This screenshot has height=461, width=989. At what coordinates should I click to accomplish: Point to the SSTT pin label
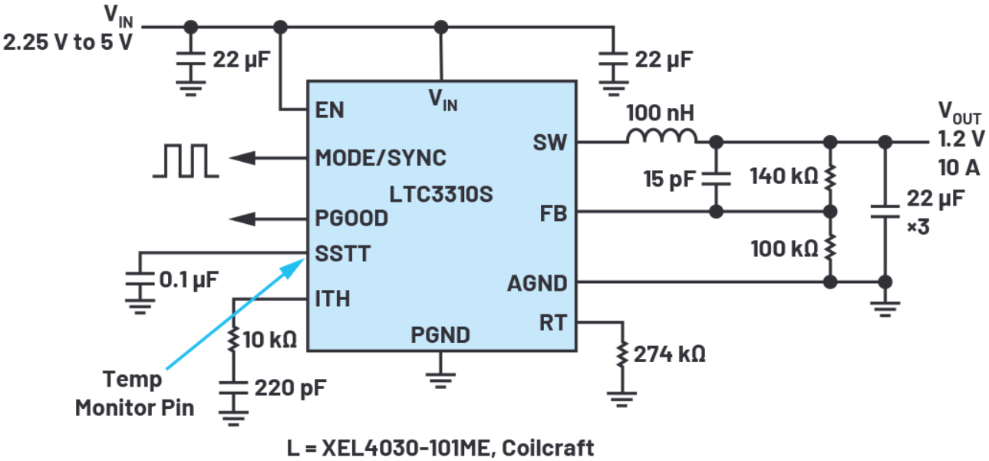pos(341,253)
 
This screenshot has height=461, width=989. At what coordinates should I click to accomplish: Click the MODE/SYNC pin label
pos(381,158)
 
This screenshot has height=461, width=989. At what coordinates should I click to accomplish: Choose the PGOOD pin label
pos(351,218)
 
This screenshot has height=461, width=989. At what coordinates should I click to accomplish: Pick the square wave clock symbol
pos(185,160)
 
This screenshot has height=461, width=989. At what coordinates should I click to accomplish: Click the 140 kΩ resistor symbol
pos(829,176)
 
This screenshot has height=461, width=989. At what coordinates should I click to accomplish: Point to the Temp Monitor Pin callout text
pos(134,393)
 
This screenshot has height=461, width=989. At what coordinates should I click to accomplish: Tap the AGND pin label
pos(536,283)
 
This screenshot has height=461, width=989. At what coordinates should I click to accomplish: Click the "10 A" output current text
pos(958,166)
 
